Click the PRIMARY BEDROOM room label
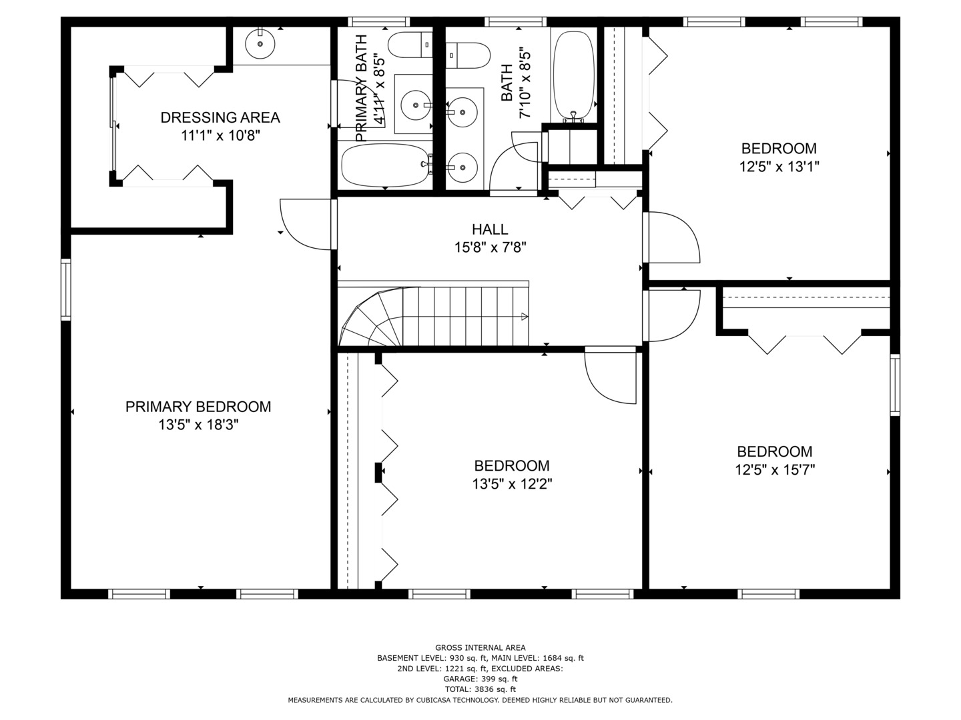[x=198, y=407]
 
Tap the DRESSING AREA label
[x=220, y=118]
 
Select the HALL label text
[x=490, y=229]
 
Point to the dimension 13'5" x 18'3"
[x=198, y=425]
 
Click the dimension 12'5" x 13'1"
[x=779, y=167]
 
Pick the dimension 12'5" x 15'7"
[x=774, y=470]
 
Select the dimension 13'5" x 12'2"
[x=512, y=484]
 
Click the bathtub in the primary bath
[x=384, y=165]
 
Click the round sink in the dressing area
[x=260, y=45]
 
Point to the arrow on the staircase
[x=525, y=317]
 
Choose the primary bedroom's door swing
[x=304, y=223]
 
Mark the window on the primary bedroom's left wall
[x=65, y=289]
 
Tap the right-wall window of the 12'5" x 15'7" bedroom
[x=895, y=385]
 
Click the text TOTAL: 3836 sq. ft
[x=480, y=689]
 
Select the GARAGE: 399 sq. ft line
[x=480, y=679]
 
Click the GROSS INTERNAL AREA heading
[x=480, y=647]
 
